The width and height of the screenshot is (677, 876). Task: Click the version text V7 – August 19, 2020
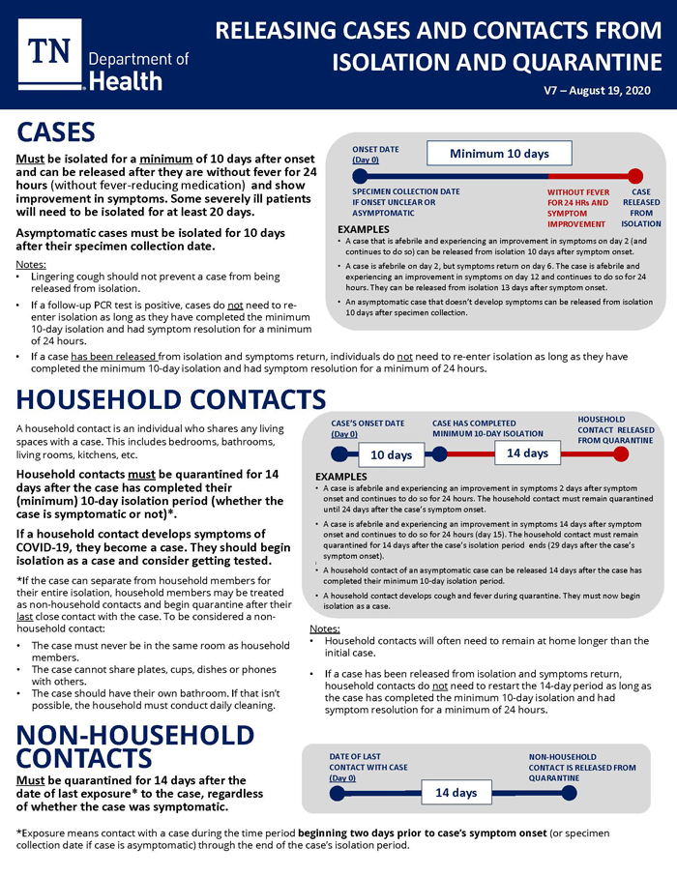pyautogui.click(x=596, y=90)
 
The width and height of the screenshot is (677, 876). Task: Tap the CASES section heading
pyautogui.click(x=55, y=132)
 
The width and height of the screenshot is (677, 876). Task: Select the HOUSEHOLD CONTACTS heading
pyautogui.click(x=171, y=399)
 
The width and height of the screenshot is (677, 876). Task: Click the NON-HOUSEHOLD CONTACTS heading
pyautogui.click(x=134, y=745)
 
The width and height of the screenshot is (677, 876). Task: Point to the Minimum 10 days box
pyautogui.click(x=499, y=154)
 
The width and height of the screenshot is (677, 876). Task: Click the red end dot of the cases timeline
pyautogui.click(x=635, y=176)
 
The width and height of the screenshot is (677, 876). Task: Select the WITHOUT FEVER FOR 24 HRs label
pyautogui.click(x=577, y=208)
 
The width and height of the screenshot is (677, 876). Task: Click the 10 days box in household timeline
pyautogui.click(x=392, y=454)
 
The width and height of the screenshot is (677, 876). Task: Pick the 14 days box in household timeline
pyautogui.click(x=527, y=453)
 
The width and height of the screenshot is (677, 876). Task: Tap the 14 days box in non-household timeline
pyautogui.click(x=456, y=793)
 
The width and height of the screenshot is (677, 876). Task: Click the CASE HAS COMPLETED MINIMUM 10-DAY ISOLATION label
pyautogui.click(x=487, y=428)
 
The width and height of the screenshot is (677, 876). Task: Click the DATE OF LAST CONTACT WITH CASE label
pyautogui.click(x=368, y=767)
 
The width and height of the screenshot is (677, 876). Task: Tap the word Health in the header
pyautogui.click(x=124, y=81)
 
